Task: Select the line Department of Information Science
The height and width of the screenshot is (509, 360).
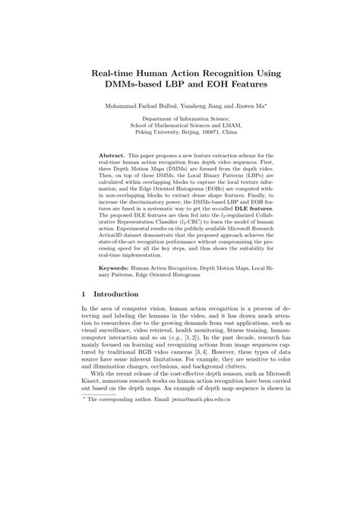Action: pyautogui.click(x=179, y=120)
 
